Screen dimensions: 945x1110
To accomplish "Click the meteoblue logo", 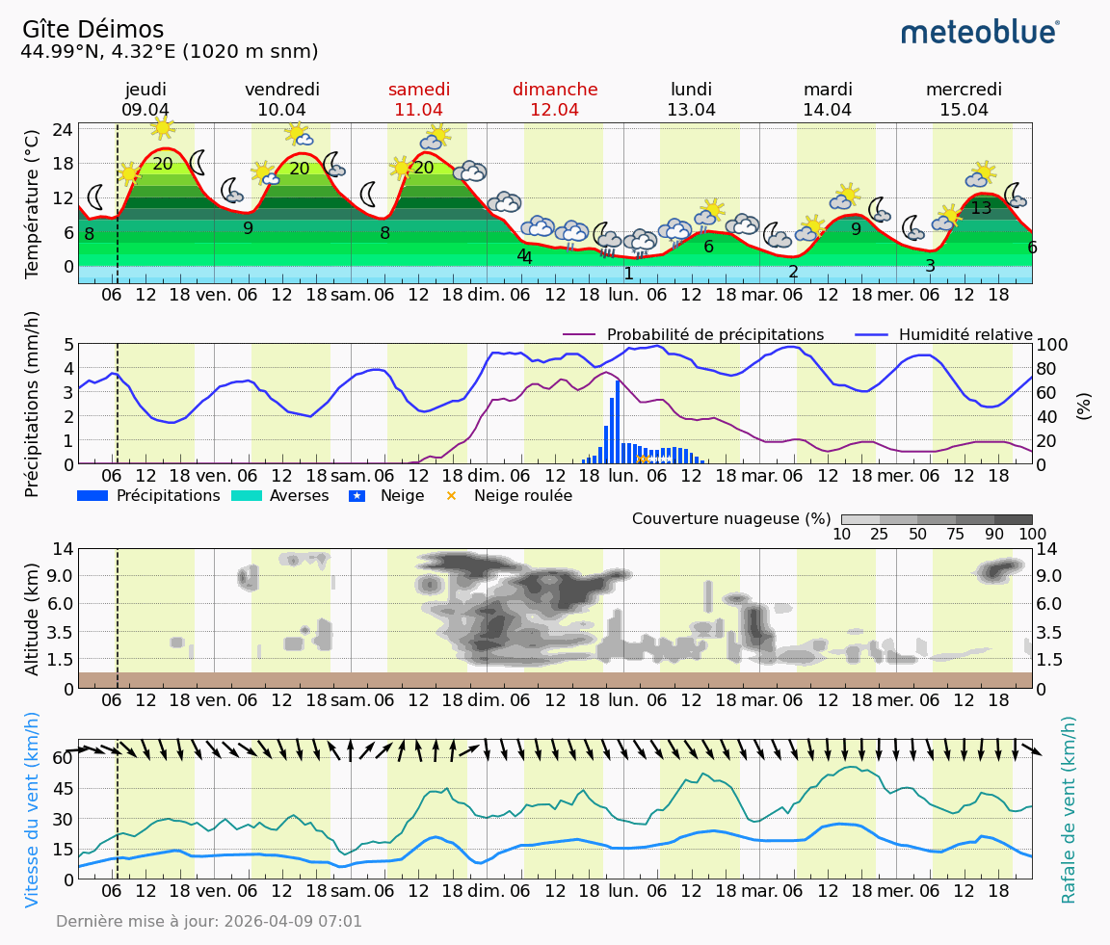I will pyautogui.click(x=980, y=32).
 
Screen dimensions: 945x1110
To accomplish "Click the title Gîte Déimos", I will pyautogui.click(x=92, y=30).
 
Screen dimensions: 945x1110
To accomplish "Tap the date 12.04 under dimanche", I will pyautogui.click(x=554, y=110).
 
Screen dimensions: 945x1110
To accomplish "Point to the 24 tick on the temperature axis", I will pyautogui.click(x=63, y=129).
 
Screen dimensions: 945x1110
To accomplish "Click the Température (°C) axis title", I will pyautogui.click(x=33, y=203).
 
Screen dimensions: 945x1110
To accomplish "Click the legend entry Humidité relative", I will pyautogui.click(x=965, y=335).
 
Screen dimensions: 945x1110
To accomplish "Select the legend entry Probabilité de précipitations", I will pyautogui.click(x=714, y=335).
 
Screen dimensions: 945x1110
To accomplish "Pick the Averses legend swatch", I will pyautogui.click(x=247, y=496).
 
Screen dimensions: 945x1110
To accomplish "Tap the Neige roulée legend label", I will pyautogui.click(x=522, y=496).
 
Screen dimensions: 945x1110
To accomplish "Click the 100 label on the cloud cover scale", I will pyautogui.click(x=1032, y=535).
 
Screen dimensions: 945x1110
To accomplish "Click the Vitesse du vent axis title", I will pyautogui.click(x=33, y=809).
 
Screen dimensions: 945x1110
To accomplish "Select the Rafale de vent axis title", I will pyautogui.click(x=1068, y=809).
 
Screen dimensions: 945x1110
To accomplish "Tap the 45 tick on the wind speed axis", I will pyautogui.click(x=63, y=788).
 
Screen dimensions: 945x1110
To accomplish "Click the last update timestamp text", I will pyautogui.click(x=209, y=922).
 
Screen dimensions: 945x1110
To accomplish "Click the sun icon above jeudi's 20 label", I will pyautogui.click(x=162, y=127).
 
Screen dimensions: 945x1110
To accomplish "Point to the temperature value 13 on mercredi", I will pyautogui.click(x=981, y=208).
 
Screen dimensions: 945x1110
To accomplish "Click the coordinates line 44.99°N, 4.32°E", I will pyautogui.click(x=170, y=52).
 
